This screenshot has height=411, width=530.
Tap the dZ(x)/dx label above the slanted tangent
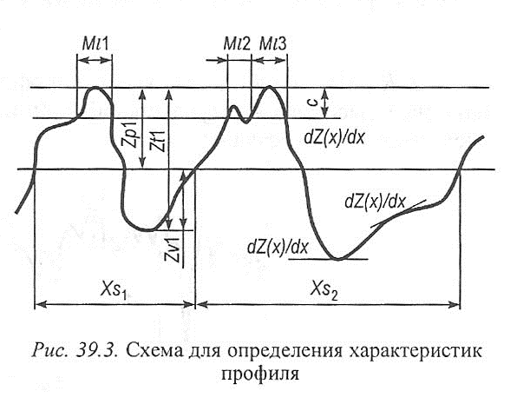tap(375, 202)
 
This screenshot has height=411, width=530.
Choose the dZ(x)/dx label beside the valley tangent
tap(278, 246)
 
